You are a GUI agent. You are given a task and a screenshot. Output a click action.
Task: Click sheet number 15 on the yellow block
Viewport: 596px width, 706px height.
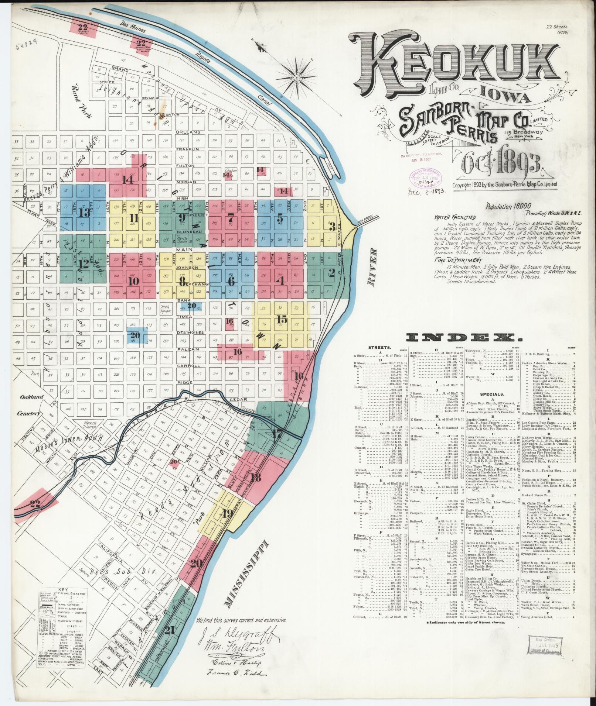click(282, 319)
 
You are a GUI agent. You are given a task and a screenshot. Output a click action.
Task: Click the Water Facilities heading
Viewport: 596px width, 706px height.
click(455, 218)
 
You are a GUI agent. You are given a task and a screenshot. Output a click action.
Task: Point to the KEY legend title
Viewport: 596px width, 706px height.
click(63, 589)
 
